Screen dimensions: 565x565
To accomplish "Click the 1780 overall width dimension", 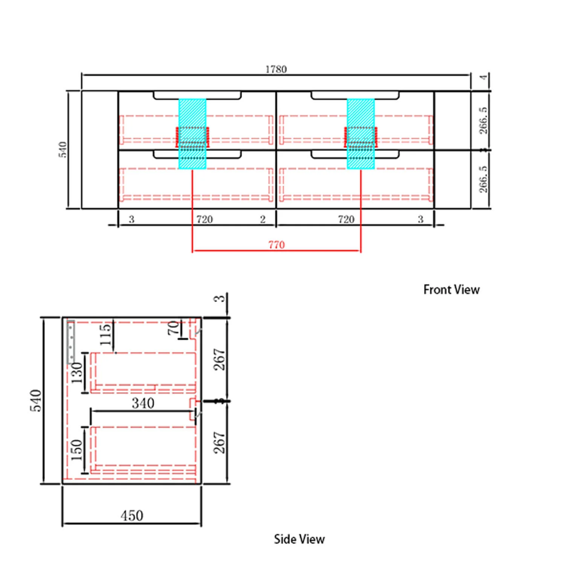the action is (276, 69).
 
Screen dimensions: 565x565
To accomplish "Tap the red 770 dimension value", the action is (276, 245).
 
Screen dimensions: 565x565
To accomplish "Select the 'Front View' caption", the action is (451, 290).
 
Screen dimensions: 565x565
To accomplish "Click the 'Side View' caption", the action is (299, 539).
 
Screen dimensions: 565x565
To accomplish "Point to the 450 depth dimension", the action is (132, 515).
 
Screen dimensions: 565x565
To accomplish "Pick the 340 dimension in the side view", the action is (143, 403).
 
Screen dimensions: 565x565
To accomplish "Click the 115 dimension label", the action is (106, 334).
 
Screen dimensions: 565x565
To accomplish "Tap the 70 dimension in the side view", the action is (174, 328).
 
